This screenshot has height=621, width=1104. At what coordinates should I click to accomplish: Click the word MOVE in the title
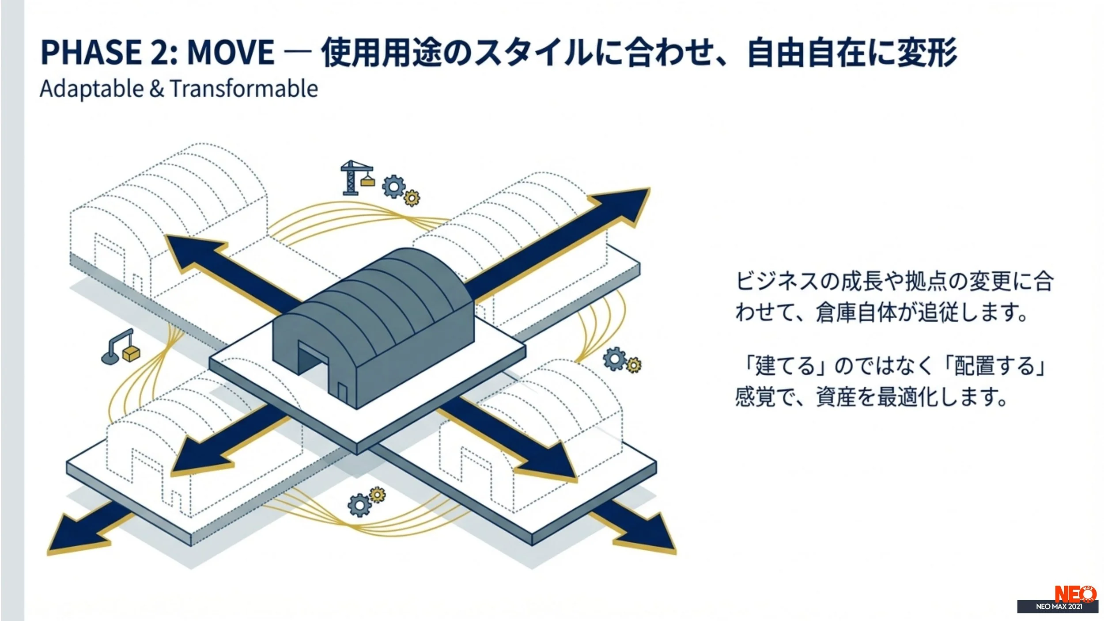[x=231, y=53]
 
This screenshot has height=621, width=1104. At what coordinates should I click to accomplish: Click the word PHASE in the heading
[x=91, y=53]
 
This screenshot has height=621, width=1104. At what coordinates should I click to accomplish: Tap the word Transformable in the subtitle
[x=244, y=89]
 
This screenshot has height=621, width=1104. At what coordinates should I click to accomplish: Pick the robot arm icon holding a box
[x=121, y=347]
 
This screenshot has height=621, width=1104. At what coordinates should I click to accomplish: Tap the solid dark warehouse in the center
[x=375, y=323]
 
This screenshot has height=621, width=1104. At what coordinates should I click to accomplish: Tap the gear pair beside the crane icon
[x=400, y=190]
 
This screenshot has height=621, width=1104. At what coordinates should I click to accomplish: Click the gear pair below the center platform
[x=366, y=502]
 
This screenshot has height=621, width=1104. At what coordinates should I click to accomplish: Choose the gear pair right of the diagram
[x=621, y=360]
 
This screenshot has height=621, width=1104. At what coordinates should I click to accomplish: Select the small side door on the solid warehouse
[x=342, y=391]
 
